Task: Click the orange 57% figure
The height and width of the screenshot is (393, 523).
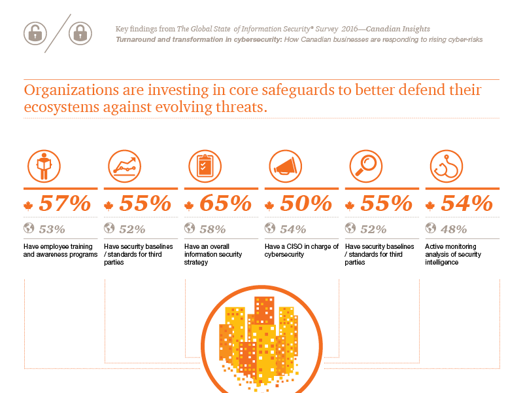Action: click(65, 204)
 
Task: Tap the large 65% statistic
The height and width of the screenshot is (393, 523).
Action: click(226, 204)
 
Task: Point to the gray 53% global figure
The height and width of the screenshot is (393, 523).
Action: click(52, 229)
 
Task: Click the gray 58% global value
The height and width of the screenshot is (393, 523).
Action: click(212, 229)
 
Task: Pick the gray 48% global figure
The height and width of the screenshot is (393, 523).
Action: click(454, 229)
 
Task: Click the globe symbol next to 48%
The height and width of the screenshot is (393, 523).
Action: click(431, 229)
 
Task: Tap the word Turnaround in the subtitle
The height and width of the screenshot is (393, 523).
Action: click(135, 39)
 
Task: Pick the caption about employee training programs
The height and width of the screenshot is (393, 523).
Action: click(60, 250)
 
